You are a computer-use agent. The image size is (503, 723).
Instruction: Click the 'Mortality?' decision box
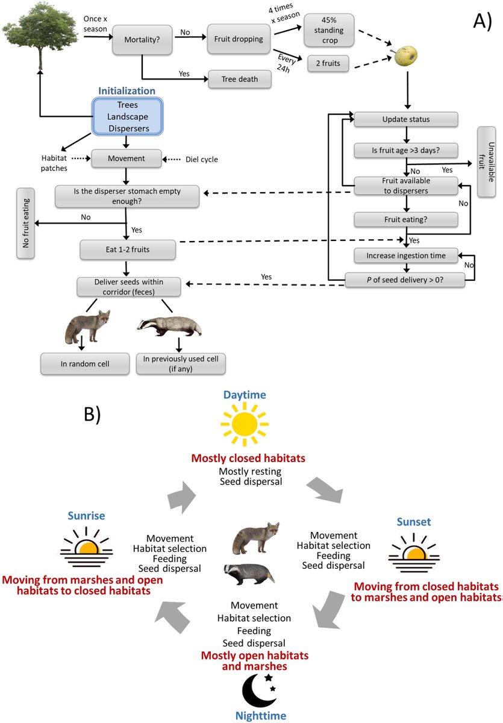click(x=141, y=40)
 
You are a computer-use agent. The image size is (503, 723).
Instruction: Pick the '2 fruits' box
click(x=328, y=63)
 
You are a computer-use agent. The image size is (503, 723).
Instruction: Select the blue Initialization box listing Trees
click(x=127, y=116)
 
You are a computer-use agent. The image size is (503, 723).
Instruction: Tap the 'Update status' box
click(x=407, y=119)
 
